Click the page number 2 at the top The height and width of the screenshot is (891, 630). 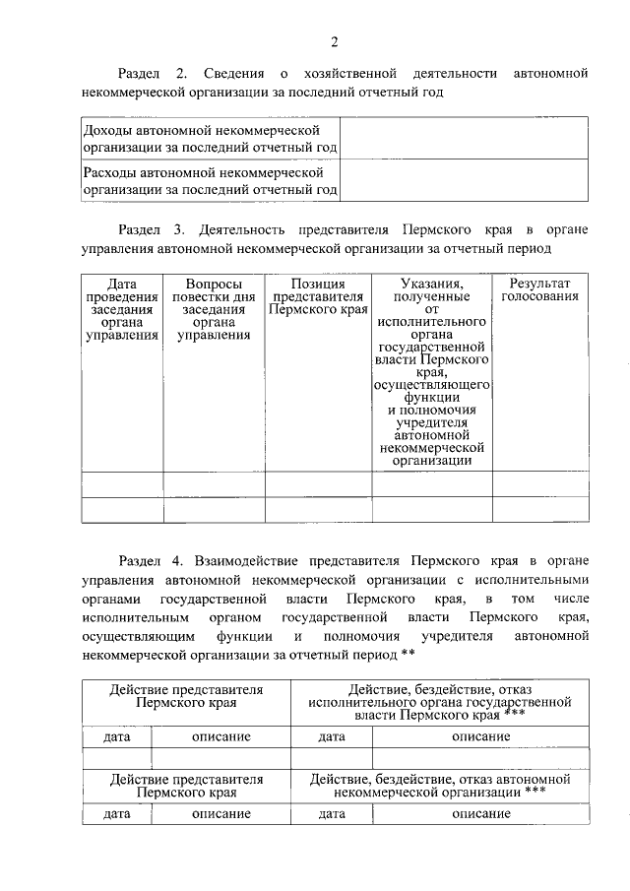point(334,41)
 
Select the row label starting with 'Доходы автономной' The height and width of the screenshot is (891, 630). point(211,139)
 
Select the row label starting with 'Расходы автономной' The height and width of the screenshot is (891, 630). point(211,181)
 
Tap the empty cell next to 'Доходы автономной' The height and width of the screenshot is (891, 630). point(465,139)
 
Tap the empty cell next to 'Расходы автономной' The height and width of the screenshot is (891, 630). point(465,181)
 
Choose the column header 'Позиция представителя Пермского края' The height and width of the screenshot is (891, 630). point(318,295)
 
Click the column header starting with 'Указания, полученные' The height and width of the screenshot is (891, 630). point(431,371)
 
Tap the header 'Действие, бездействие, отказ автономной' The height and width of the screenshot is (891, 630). point(439,785)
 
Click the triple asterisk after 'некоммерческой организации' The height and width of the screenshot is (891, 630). point(535,791)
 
